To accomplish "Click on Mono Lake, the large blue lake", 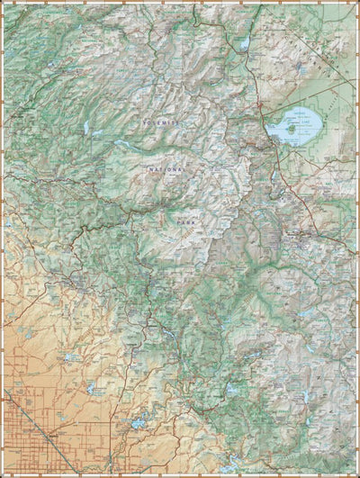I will coord(297,127).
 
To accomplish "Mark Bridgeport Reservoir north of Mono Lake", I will coord(243,43).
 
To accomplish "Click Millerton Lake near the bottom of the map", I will coord(135,423).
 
